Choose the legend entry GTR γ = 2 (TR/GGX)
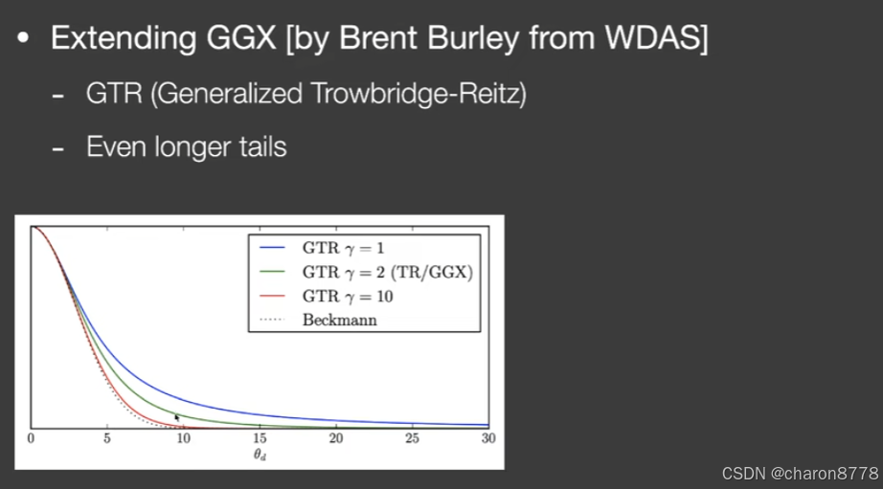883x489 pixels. tap(387, 272)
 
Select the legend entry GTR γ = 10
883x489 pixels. tap(347, 296)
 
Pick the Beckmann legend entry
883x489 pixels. tap(339, 320)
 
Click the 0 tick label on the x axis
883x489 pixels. tap(31, 439)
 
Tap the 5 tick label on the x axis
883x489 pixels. tap(107, 439)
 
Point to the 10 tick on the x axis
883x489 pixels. tap(183, 439)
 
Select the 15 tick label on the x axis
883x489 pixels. tap(260, 439)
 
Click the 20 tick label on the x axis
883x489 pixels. tap(335, 439)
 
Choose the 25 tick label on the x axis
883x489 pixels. tap(412, 439)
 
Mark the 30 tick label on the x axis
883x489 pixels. tap(487, 439)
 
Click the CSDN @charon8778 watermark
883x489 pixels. tap(800, 473)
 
